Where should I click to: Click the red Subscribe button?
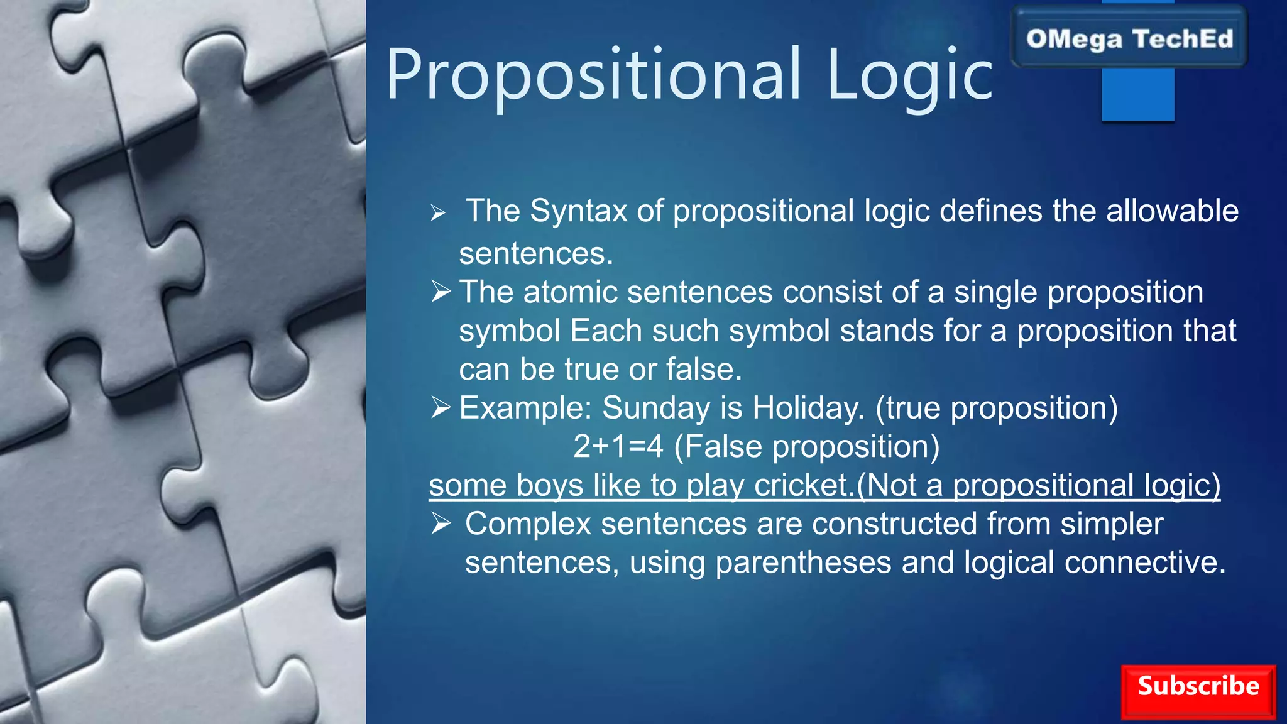(1198, 691)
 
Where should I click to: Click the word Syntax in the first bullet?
(578, 211)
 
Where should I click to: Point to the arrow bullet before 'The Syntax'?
(438, 214)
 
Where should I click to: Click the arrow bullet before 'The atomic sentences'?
(441, 292)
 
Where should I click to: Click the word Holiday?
(808, 408)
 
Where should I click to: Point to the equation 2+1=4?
(618, 447)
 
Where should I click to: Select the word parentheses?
(803, 562)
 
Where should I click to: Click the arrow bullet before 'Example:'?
(441, 408)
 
